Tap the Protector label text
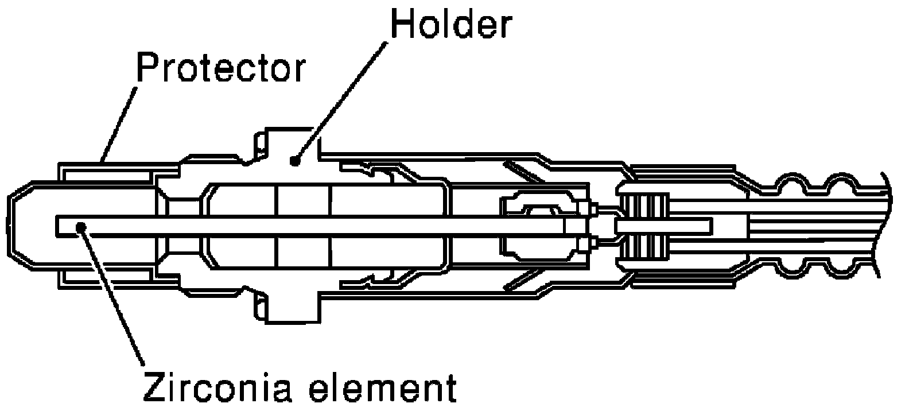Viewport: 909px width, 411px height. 221,67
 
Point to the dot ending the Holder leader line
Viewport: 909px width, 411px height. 295,161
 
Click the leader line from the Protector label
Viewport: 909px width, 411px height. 118,125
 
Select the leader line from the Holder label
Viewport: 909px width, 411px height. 340,102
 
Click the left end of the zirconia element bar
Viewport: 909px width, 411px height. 57,225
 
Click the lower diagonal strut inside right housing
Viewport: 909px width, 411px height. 523,280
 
